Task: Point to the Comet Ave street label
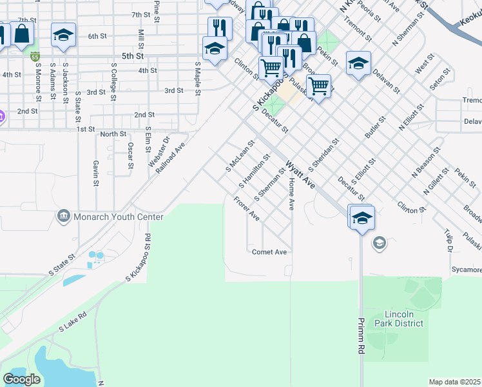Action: pos(269,252)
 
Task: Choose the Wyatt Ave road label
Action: pos(300,175)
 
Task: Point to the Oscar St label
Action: pos(130,155)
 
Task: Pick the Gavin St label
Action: pos(95,173)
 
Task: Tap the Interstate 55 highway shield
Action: pos(35,56)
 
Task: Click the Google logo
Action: pos(22,379)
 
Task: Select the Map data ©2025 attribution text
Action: pos(454,382)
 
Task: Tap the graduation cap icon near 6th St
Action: pos(63,35)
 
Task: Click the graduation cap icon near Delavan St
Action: pos(358,63)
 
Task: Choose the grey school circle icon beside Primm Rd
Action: pos(379,243)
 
